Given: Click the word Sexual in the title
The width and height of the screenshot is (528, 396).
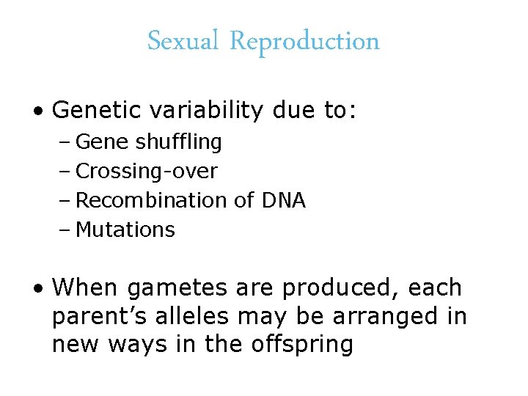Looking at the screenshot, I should pyautogui.click(x=183, y=41).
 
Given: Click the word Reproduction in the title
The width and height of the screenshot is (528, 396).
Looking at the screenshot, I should pyautogui.click(x=304, y=42).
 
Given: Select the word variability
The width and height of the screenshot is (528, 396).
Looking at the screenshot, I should pyautogui.click(x=203, y=110).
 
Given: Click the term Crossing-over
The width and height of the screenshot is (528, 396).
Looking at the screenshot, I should pyautogui.click(x=147, y=171).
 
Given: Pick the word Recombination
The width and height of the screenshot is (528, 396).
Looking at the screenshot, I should pyautogui.click(x=152, y=200).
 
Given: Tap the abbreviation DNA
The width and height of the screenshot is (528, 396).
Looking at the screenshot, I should pyautogui.click(x=283, y=200).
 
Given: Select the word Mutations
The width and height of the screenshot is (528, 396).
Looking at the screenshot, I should pyautogui.click(x=125, y=230).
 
